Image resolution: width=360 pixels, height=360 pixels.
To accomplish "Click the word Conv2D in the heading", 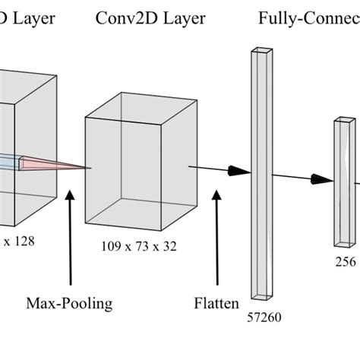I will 125,18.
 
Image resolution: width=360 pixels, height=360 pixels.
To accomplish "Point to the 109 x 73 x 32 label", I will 141,247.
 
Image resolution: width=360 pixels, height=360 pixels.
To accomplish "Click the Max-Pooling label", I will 70,304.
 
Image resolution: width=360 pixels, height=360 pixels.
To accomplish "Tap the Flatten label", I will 216,304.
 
